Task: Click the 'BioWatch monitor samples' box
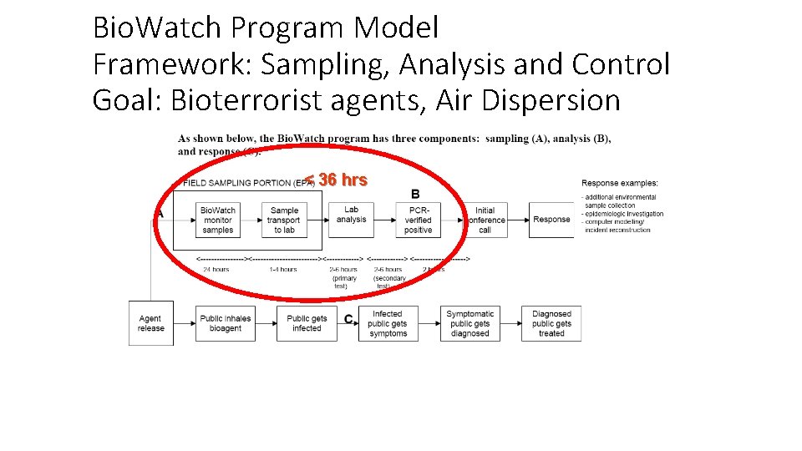218,220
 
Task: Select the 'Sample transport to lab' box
284,220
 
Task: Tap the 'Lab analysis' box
352,216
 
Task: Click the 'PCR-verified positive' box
418,220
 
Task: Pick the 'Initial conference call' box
485,220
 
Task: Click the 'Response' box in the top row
551,220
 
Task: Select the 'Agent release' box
151,323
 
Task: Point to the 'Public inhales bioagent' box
225,323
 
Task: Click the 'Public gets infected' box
307,323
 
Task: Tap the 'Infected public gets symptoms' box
388,323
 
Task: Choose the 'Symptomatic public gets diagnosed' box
470,323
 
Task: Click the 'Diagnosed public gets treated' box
551,323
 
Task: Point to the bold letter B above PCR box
415,194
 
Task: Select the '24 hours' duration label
216,270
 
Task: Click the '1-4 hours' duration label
283,270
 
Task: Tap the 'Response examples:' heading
620,183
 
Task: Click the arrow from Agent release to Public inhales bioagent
184,323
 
